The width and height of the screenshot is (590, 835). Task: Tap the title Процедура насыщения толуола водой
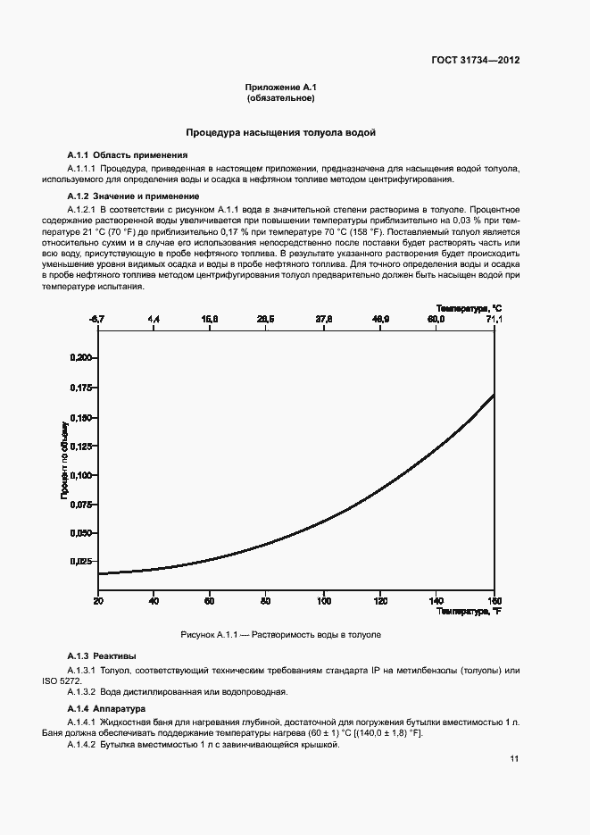[280, 132]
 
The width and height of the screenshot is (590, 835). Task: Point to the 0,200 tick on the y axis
[80, 358]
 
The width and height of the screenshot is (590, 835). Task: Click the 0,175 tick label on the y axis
[80, 388]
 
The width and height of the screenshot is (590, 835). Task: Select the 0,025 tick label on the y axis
[80, 561]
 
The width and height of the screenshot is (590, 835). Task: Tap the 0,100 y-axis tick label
[80, 474]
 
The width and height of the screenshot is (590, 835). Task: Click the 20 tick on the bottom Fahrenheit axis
[97, 600]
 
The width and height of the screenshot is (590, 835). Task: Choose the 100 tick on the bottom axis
[324, 600]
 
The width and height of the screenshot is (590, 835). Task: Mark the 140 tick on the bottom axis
[436, 600]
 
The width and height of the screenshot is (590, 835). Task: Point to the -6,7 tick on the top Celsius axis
[97, 319]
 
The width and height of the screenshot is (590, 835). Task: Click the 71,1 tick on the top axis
[494, 319]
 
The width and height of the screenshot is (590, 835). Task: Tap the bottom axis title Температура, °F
[469, 612]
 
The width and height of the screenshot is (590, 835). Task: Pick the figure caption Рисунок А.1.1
[280, 634]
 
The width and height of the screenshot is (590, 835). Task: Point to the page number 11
[514, 759]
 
